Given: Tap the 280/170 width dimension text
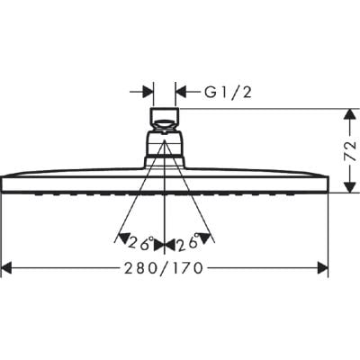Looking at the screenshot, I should (163, 268).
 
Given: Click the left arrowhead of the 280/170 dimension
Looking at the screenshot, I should (7, 268).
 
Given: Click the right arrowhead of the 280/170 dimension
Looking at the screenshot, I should (321, 268).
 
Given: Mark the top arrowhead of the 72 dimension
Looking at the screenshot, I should (346, 114).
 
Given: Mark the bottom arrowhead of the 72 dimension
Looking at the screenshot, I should (346, 186).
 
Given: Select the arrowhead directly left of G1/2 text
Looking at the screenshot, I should (180, 91).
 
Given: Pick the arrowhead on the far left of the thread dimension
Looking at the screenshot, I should (147, 91).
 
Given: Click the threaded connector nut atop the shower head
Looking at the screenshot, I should (165, 117).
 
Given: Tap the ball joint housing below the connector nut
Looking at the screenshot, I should (165, 147).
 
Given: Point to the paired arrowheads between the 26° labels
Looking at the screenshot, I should (165, 240).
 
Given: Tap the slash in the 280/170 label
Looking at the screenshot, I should (164, 268).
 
